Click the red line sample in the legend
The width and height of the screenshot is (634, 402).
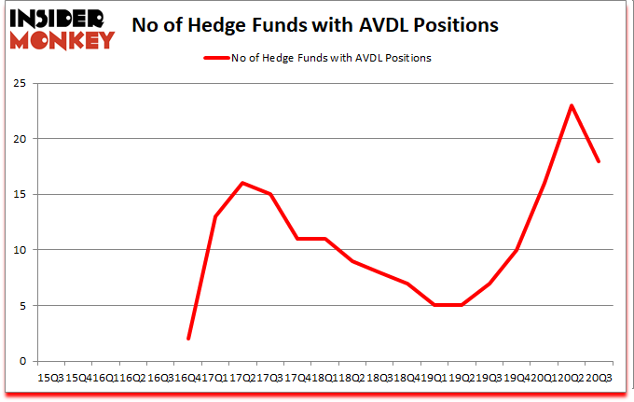click(217, 58)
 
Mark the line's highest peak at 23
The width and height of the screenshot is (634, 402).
click(571, 105)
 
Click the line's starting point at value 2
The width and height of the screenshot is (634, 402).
click(188, 339)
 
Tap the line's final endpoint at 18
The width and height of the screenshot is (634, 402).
click(599, 161)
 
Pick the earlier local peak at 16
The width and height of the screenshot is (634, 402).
click(242, 183)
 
